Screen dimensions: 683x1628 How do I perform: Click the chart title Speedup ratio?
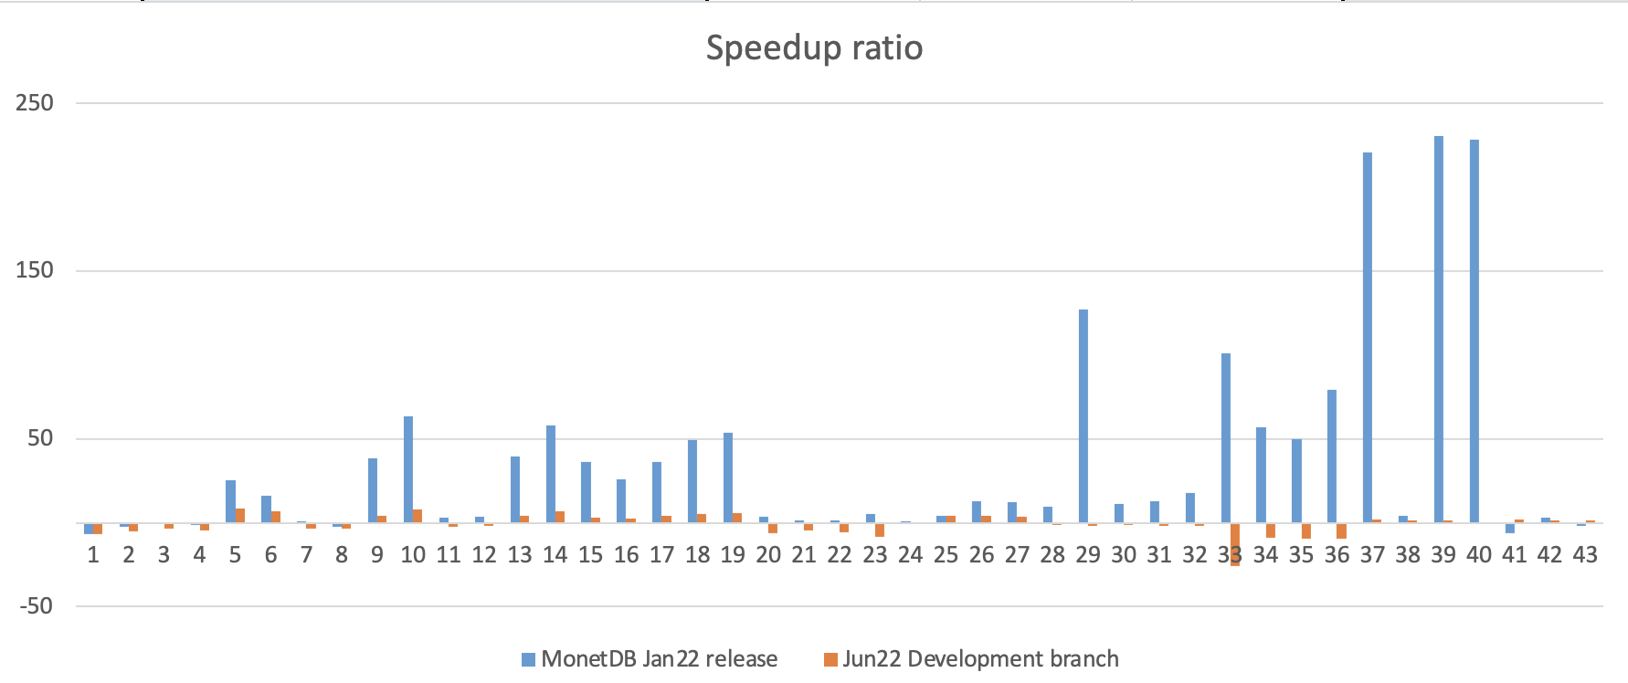814,47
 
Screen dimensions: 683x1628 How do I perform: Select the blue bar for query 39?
1439,329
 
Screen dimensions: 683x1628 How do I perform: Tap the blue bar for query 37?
1368,337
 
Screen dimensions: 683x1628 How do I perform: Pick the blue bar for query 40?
1475,331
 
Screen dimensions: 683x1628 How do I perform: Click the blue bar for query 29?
1084,415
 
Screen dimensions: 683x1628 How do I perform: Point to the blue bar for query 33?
1226,437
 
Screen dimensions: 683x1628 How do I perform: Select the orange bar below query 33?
1235,544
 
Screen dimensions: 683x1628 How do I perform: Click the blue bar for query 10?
408,469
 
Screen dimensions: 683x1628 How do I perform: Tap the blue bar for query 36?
1332,456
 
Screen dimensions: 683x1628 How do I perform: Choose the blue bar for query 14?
551,474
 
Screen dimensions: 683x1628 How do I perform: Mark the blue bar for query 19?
728,478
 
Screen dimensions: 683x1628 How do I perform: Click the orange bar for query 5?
240,515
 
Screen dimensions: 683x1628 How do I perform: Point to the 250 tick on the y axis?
35,102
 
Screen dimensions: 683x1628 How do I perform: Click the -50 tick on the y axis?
35,606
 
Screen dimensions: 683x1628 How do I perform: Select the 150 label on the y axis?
35,270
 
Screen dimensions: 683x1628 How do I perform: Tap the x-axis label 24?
910,555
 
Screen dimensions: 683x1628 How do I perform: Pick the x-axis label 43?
1585,555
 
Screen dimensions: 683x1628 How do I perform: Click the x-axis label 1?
93,555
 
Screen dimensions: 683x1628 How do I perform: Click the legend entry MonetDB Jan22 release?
659,659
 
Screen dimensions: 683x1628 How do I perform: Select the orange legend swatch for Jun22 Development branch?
830,659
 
